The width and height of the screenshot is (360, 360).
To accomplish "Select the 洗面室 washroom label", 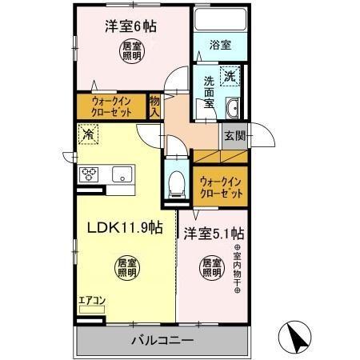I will point(208,92).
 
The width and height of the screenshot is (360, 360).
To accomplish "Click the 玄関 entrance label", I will point(234,135).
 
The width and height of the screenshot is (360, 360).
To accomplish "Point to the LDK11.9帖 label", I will point(125,228).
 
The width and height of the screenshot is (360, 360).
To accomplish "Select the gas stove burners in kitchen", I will point(87,174).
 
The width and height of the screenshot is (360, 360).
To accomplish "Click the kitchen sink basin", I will point(123,174).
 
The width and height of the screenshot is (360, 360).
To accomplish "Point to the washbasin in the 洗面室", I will point(234,109).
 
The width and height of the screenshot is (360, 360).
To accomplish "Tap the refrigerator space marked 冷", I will point(86,136).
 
